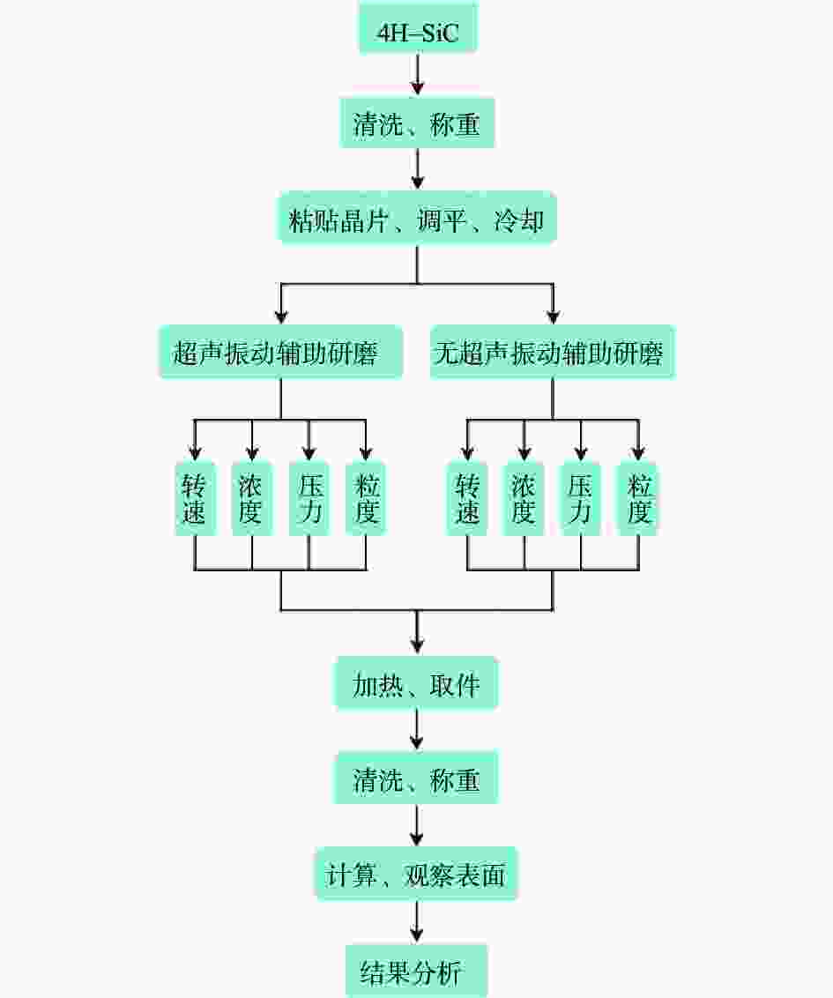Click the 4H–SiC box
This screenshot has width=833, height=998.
point(418,28)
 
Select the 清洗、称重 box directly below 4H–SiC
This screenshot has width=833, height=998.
point(417,123)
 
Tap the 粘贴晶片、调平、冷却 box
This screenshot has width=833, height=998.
point(417,219)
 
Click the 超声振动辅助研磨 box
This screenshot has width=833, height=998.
point(280,352)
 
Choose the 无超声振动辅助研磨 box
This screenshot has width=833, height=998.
point(553,352)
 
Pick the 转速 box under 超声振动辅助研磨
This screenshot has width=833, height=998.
point(195,498)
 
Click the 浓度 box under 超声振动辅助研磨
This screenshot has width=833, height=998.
point(252,498)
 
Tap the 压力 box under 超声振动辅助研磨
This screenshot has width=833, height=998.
point(309,498)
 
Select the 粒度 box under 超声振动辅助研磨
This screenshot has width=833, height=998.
point(366,498)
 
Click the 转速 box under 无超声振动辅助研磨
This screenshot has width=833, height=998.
point(467,498)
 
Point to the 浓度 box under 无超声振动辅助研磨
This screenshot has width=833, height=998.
point(524,498)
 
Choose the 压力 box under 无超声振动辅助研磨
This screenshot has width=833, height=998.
point(580,498)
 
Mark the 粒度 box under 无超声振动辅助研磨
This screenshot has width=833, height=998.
point(637,498)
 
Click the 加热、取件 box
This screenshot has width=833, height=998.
point(416,683)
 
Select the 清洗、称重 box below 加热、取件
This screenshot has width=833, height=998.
point(416,778)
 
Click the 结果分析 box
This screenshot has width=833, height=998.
point(416,971)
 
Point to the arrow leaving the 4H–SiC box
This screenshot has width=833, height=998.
point(418,75)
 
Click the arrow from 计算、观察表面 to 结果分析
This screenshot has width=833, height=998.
point(416,921)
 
